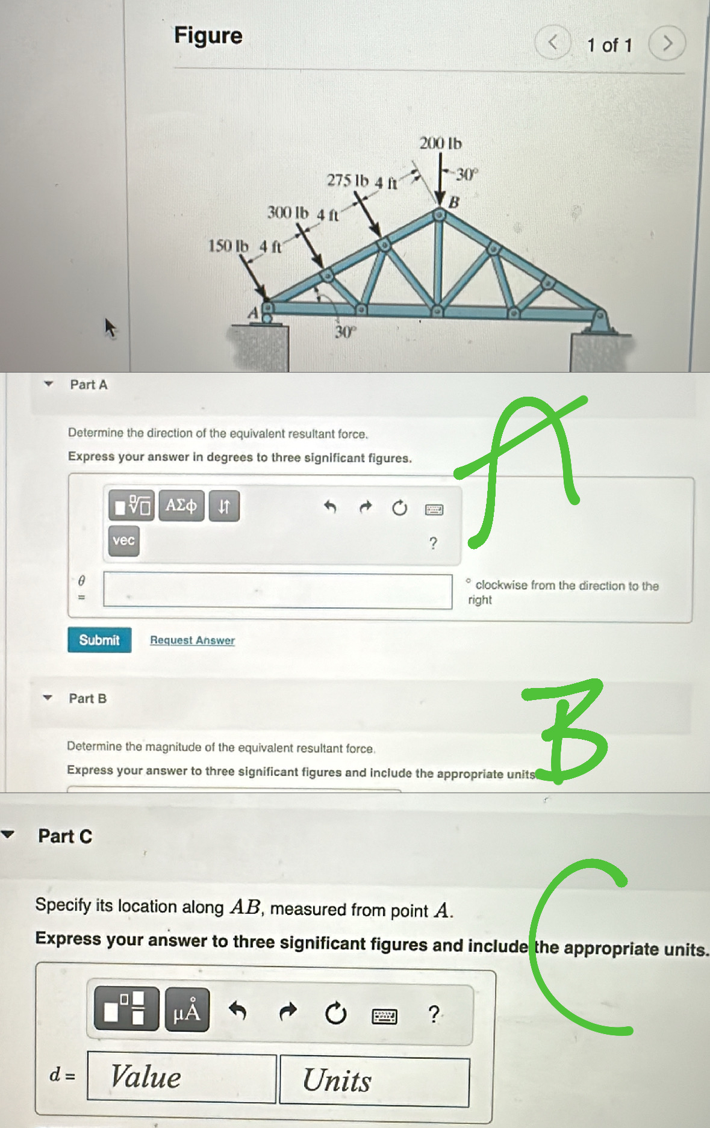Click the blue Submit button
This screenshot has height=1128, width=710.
pyautogui.click(x=99, y=640)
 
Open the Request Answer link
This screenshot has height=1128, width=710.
pyautogui.click(x=192, y=640)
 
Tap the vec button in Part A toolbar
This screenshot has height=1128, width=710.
pyautogui.click(x=123, y=541)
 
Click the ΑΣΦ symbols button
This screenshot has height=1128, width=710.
pyautogui.click(x=181, y=506)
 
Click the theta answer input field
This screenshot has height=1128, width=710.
pyautogui.click(x=278, y=590)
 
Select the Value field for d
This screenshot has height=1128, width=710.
pyautogui.click(x=181, y=1077)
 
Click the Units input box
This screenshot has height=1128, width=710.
pyautogui.click(x=374, y=1081)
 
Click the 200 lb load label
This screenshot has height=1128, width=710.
pyautogui.click(x=440, y=143)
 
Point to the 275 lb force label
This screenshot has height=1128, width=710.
pyautogui.click(x=347, y=181)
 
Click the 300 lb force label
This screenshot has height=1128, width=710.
pyautogui.click(x=288, y=212)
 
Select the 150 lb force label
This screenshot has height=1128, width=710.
pyautogui.click(x=228, y=246)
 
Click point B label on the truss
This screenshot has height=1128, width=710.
pyautogui.click(x=454, y=202)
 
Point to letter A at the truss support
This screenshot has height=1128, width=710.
pyautogui.click(x=254, y=313)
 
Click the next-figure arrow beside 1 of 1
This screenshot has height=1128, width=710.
pyautogui.click(x=667, y=43)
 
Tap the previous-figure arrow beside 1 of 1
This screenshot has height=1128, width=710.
pyautogui.click(x=552, y=43)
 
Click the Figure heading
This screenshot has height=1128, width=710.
pyautogui.click(x=208, y=36)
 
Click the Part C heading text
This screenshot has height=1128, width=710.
pyautogui.click(x=65, y=836)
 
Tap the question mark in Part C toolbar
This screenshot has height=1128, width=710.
pyautogui.click(x=434, y=1014)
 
